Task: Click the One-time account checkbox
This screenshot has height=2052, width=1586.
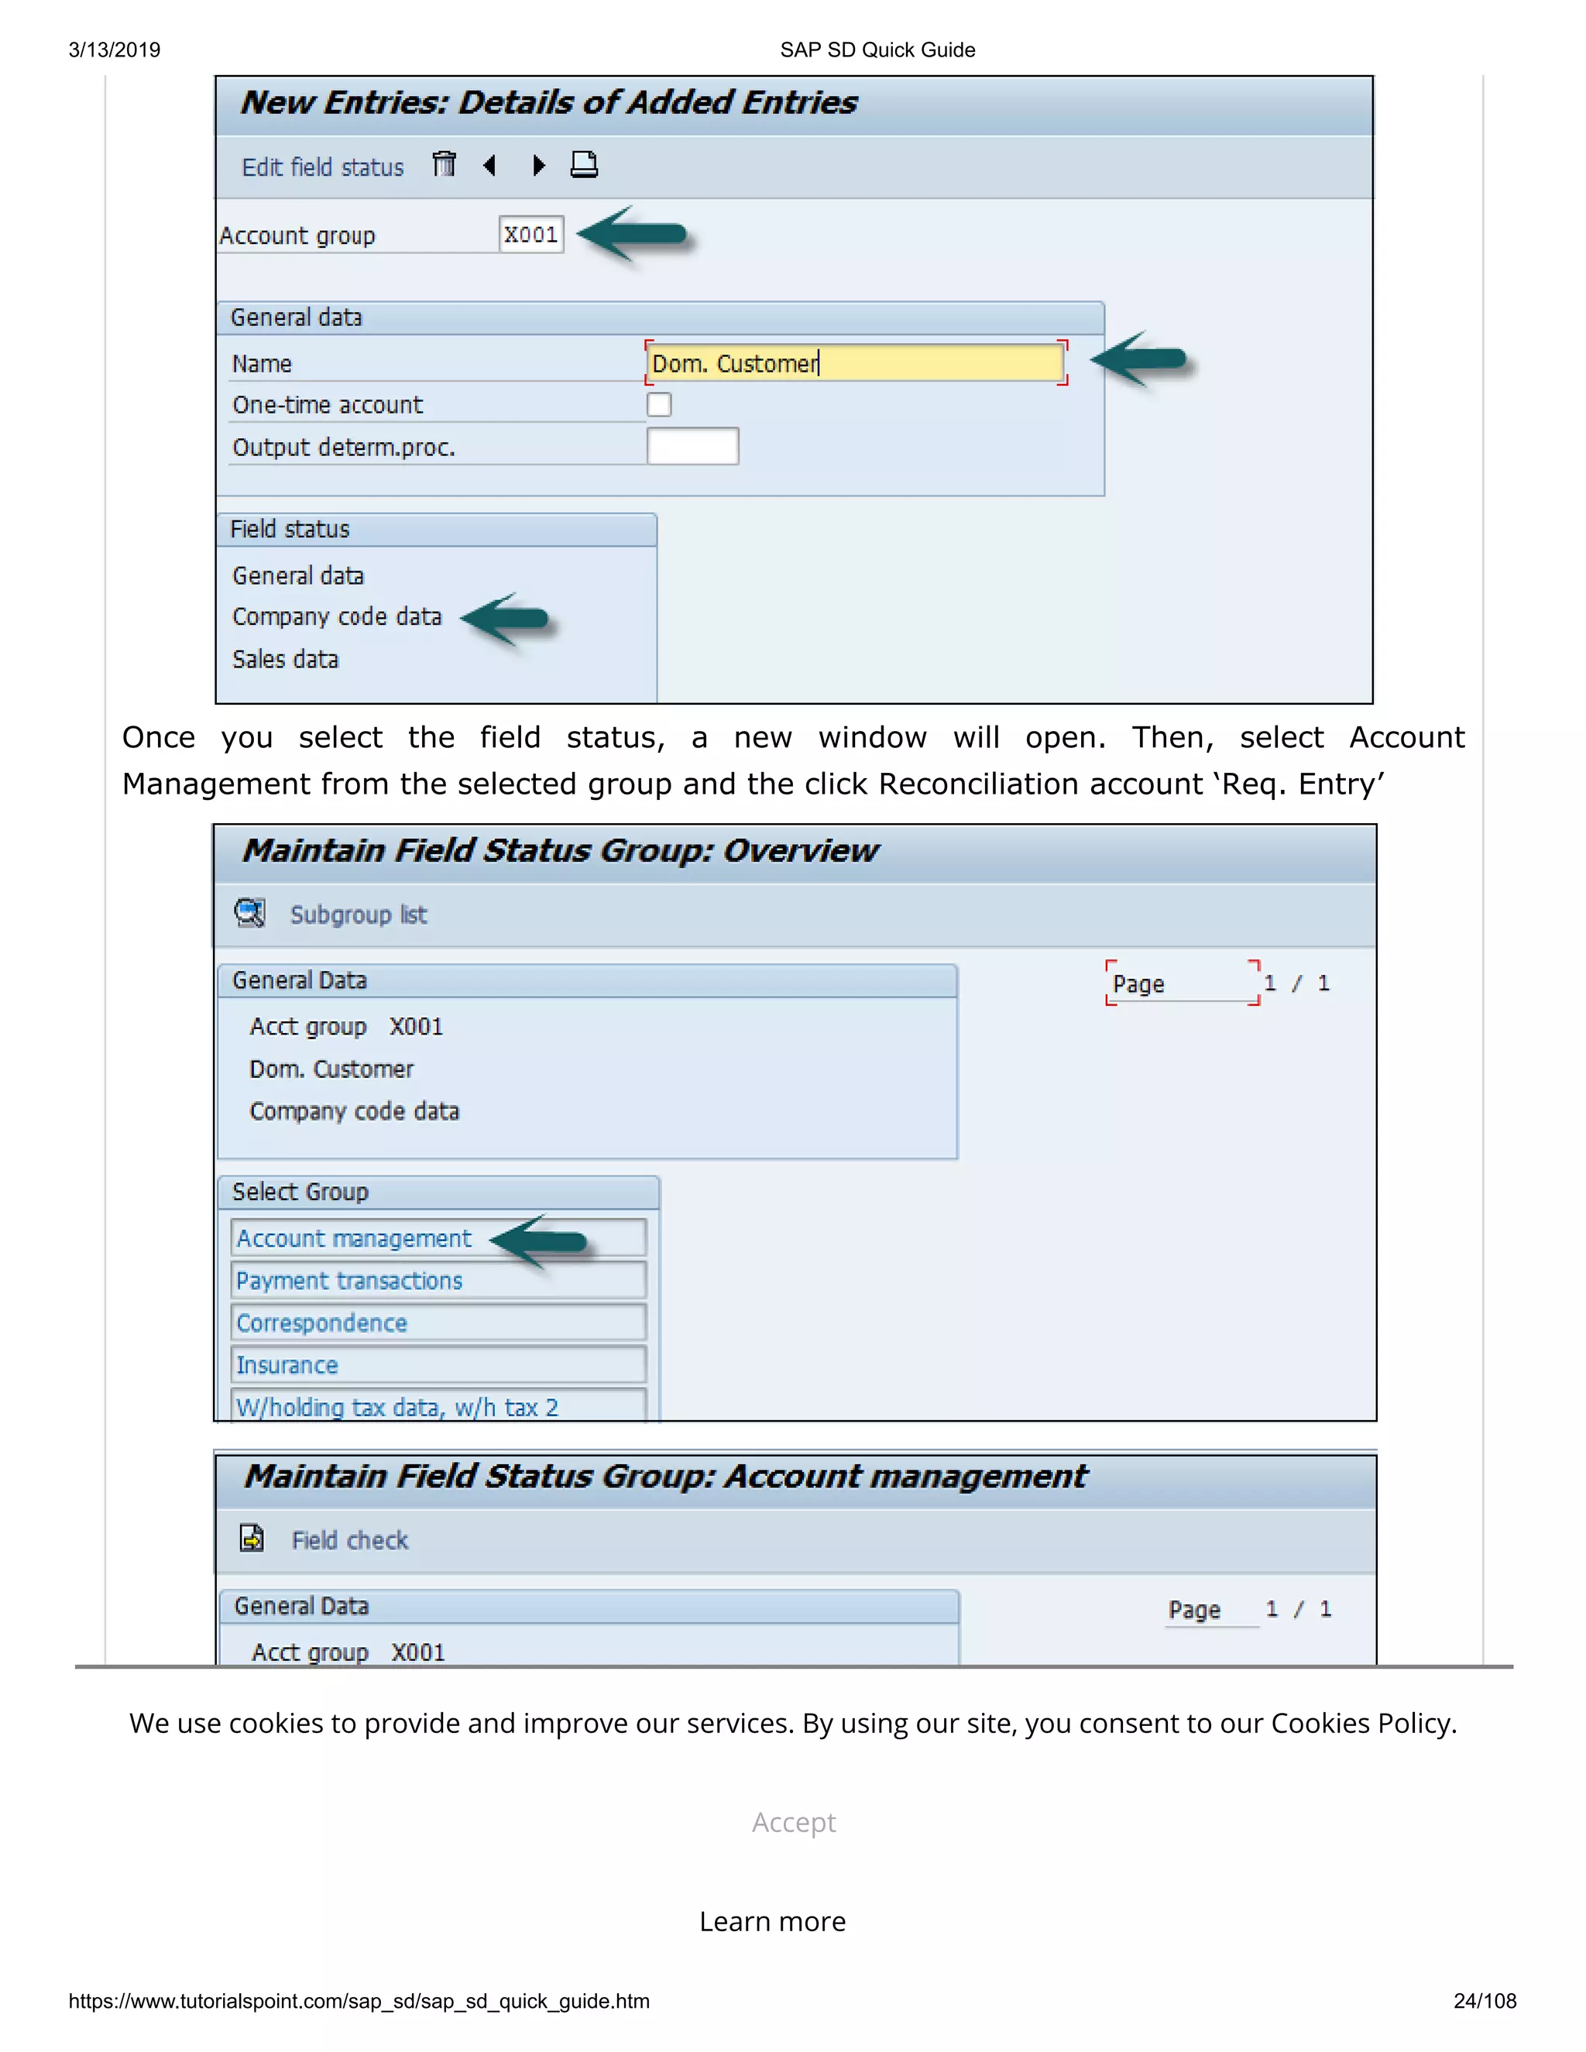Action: point(659,405)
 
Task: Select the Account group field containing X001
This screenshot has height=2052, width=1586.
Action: point(530,235)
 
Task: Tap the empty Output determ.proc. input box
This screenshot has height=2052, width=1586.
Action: point(692,446)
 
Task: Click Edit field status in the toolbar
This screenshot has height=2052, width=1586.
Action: point(322,167)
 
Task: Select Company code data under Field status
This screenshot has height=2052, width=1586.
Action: point(336,617)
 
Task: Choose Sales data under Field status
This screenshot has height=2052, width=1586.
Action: point(286,660)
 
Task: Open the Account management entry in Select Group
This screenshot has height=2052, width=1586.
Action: point(354,1238)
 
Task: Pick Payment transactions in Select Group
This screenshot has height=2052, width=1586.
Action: point(349,1281)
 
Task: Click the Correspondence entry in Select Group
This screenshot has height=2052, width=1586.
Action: point(321,1323)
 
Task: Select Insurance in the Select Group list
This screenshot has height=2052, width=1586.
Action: point(287,1365)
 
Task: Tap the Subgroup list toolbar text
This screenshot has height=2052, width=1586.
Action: point(358,915)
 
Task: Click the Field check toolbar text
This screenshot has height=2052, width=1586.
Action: point(349,1541)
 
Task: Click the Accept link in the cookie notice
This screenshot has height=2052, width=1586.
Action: point(794,1823)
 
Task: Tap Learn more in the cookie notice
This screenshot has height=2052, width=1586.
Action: point(772,1923)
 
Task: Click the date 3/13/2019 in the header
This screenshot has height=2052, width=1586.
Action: point(115,50)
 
